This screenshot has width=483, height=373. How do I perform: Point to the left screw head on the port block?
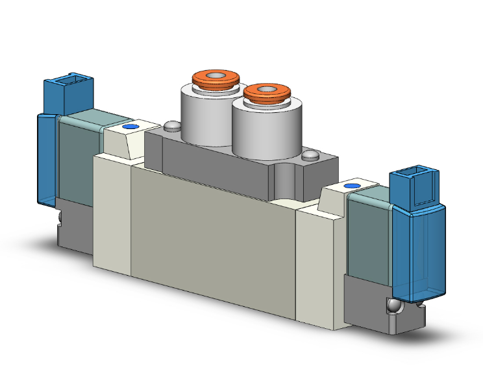coord(171,126)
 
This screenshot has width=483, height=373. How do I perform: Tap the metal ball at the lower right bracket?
coord(391,306)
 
